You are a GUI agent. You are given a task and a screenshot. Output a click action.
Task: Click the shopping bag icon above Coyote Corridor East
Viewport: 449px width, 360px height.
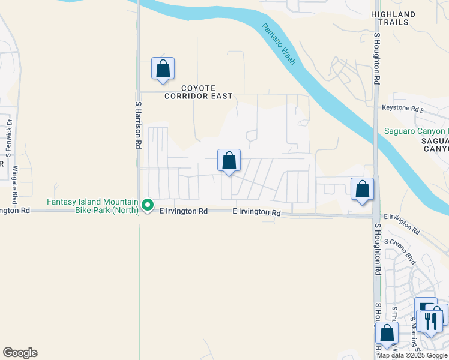[163, 68]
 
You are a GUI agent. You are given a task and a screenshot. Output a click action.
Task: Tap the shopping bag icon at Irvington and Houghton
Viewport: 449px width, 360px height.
[362, 189]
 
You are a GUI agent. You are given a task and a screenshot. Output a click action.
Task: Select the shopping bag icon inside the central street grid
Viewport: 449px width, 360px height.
[229, 161]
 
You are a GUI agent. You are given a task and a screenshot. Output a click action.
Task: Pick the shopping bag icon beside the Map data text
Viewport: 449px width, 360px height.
[387, 334]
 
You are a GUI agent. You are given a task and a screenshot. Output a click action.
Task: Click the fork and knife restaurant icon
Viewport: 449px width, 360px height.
[432, 320]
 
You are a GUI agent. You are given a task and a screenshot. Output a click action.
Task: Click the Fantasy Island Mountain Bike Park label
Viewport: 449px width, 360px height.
[93, 206]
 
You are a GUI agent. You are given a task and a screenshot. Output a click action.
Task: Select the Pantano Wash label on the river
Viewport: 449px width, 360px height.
[279, 43]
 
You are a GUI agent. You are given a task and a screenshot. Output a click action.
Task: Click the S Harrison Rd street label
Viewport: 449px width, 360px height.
[137, 125]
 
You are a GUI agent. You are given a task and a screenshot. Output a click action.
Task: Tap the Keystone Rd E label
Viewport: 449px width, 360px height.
[403, 109]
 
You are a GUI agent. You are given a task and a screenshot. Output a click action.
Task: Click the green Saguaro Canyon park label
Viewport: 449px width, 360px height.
[417, 131]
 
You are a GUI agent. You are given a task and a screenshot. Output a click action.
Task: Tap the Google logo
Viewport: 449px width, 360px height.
[20, 353]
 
